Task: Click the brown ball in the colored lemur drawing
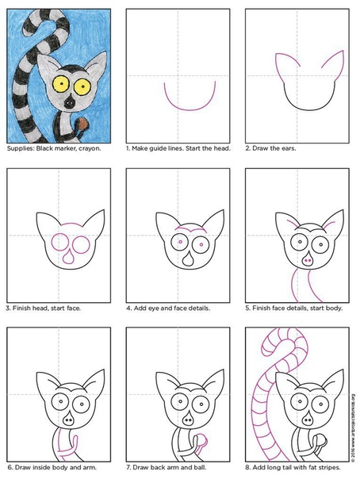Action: (x=83, y=124)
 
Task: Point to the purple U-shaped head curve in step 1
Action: (x=190, y=109)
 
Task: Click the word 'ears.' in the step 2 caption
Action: (x=289, y=148)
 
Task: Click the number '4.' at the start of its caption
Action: (x=129, y=308)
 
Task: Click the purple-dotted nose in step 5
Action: (x=308, y=260)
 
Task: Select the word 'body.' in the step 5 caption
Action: (x=335, y=308)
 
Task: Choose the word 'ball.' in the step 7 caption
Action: (x=200, y=467)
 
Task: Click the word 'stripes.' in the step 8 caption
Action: (x=330, y=467)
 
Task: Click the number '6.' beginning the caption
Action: (x=10, y=467)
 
